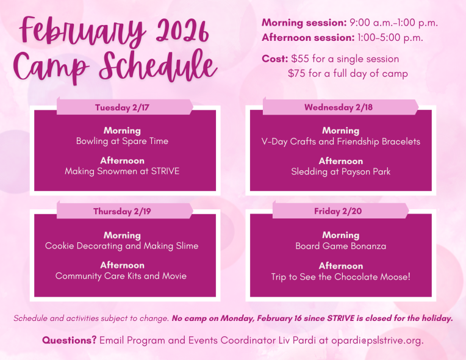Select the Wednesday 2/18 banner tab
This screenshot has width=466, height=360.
[339, 107]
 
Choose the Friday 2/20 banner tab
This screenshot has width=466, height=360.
[340, 211]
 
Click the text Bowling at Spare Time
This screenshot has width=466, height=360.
[122, 141]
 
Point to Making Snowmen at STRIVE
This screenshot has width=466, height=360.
[122, 171]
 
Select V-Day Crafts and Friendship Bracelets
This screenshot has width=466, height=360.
[340, 142]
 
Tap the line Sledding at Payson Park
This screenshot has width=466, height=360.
[340, 171]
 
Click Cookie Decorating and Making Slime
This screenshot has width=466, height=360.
[122, 246]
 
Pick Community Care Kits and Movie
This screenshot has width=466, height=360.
[121, 276]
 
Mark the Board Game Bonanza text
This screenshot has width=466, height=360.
[340, 246]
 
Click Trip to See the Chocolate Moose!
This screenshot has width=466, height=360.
[340, 276]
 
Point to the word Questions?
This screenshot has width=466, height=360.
[69, 340]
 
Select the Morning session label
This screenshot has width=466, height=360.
[304, 23]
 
